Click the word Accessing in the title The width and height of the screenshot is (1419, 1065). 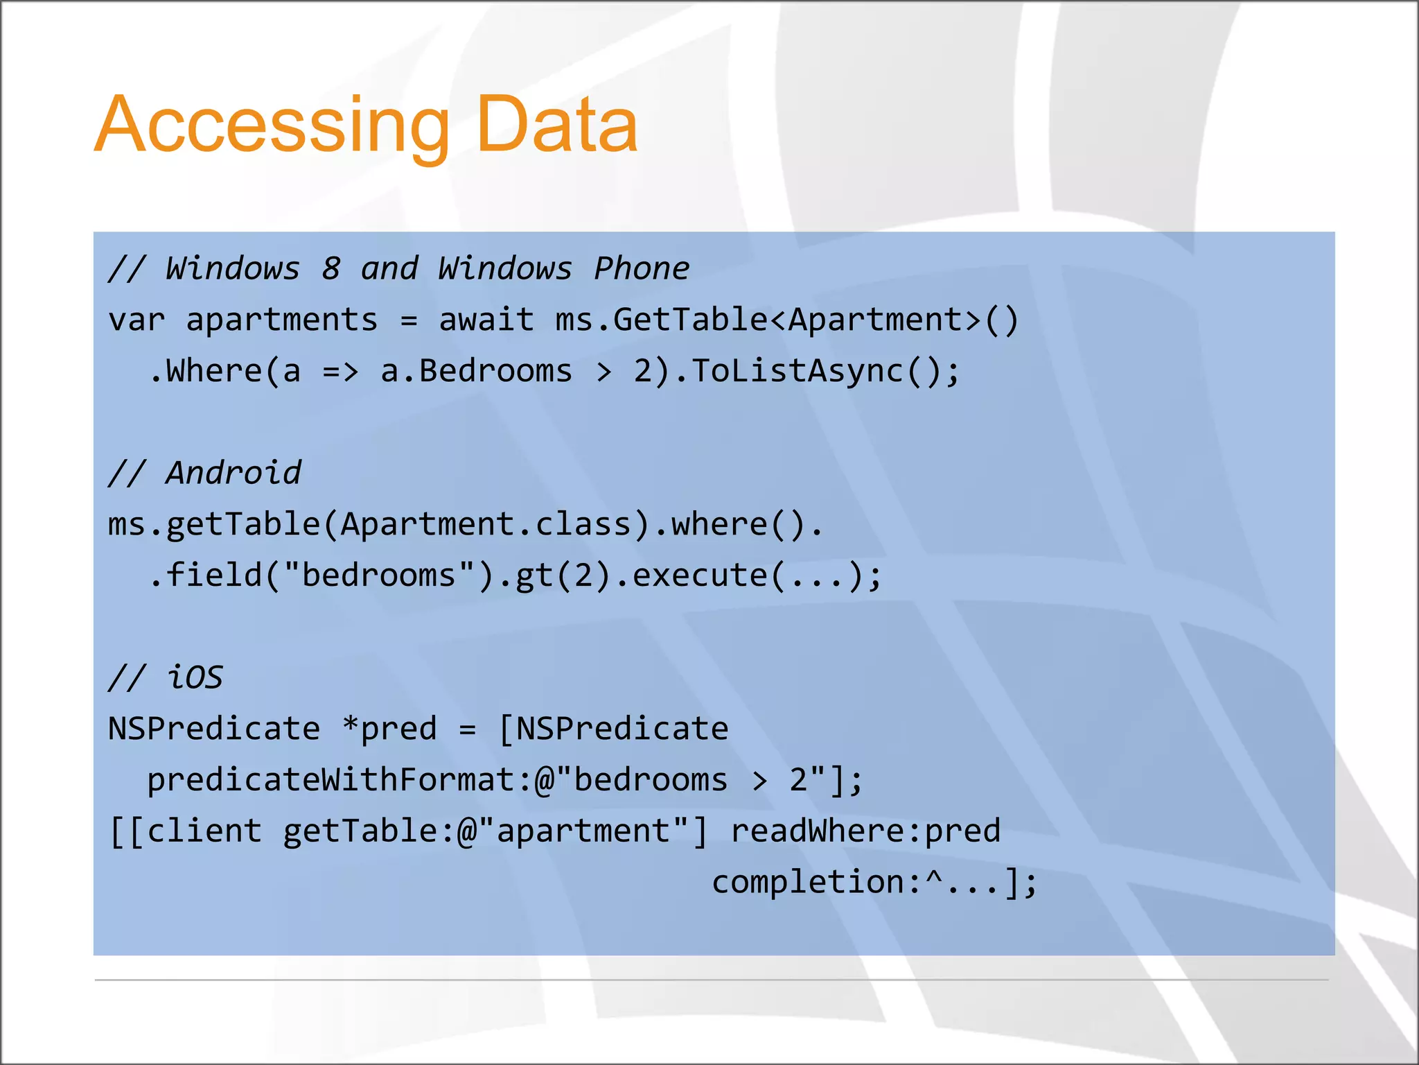(272, 125)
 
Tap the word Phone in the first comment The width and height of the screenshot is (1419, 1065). (642, 268)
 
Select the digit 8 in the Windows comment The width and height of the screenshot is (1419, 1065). (330, 268)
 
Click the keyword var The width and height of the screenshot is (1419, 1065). (136, 320)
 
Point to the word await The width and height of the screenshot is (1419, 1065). (486, 320)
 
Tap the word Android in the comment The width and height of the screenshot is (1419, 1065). (233, 473)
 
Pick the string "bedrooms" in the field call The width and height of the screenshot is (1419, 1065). (379, 575)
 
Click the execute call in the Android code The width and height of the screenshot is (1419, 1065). (700, 575)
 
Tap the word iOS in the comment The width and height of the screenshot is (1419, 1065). (195, 677)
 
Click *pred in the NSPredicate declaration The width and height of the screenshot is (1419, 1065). (389, 729)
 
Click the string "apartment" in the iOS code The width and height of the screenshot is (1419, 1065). (583, 831)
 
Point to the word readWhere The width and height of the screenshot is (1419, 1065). (816, 831)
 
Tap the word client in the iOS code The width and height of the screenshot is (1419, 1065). (204, 831)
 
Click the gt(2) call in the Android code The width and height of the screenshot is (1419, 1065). (563, 575)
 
